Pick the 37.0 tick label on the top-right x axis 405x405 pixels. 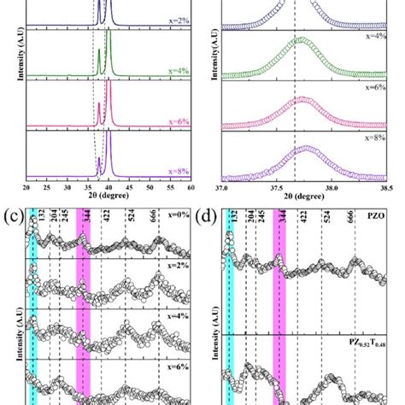[221, 188]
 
